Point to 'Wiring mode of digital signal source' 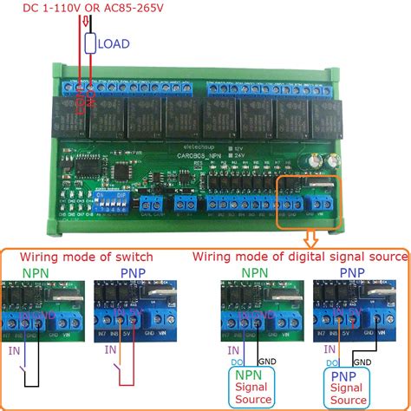point(300,258)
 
